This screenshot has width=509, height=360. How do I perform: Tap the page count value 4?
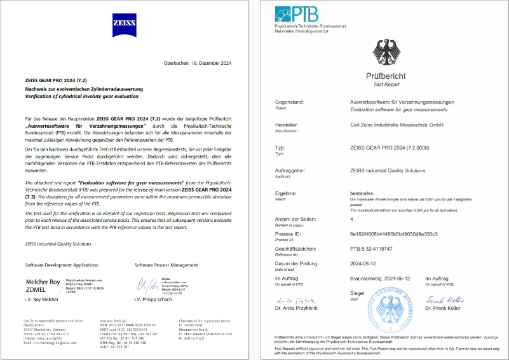pos(352,219)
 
